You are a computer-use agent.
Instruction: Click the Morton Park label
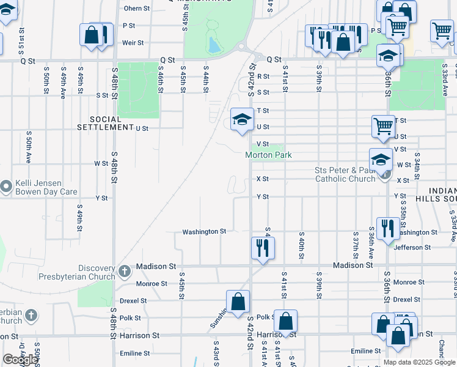[x=268, y=155]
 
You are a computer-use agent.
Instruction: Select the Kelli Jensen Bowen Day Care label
[x=42, y=187]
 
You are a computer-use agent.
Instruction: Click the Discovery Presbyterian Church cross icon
[x=124, y=270]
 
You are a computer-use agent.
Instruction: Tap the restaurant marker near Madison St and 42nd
[x=263, y=248]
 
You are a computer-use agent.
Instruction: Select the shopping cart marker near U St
[x=383, y=126]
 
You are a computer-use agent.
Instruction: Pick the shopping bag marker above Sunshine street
[x=238, y=301]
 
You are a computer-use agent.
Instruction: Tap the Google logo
[x=20, y=359]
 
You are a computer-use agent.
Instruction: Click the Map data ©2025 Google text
[x=419, y=362]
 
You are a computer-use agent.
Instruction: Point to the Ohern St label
[x=136, y=9]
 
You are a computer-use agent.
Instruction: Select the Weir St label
[x=133, y=43]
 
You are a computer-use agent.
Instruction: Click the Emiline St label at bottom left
[x=134, y=354]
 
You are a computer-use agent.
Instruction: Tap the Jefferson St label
[x=412, y=248]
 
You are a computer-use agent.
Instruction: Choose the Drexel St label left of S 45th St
[x=133, y=301]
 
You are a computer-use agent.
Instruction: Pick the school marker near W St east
[x=381, y=160]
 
